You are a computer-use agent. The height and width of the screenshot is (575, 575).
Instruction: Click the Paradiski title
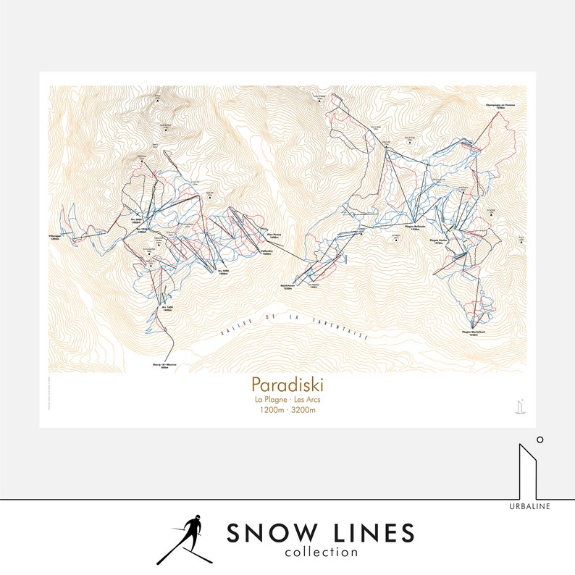(x=287, y=384)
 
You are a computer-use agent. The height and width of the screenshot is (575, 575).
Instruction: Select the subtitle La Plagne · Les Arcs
(x=287, y=400)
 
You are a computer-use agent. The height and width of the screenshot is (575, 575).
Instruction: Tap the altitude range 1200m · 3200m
(x=287, y=410)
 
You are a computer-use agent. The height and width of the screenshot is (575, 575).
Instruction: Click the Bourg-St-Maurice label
(x=165, y=366)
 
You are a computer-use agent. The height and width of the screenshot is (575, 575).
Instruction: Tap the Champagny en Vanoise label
(x=500, y=106)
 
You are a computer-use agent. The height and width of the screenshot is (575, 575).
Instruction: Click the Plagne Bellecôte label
(x=414, y=227)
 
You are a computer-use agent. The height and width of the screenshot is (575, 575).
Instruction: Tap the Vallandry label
(x=266, y=253)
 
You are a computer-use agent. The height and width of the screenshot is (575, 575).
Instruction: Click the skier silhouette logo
(x=185, y=539)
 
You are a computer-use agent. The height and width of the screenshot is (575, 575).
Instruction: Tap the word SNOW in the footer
(x=264, y=534)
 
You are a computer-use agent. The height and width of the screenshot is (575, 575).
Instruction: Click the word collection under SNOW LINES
(x=322, y=553)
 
